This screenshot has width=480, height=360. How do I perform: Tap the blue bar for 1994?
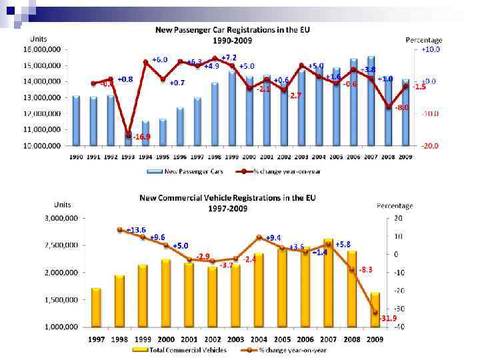click(x=146, y=133)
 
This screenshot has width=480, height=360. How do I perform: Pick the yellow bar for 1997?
click(x=97, y=307)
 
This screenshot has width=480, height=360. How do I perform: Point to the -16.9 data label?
click(x=141, y=137)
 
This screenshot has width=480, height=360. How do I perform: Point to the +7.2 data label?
click(x=229, y=58)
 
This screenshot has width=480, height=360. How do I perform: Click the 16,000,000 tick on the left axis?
click(x=42, y=50)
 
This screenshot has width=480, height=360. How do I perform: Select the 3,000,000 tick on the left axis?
click(x=61, y=218)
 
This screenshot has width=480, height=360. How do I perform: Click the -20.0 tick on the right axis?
click(x=428, y=145)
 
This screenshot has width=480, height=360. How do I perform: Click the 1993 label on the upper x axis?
click(x=129, y=157)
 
